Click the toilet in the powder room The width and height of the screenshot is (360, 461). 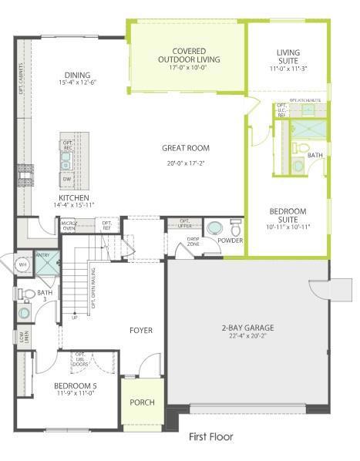[235, 229]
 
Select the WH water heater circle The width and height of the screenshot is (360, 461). [22, 264]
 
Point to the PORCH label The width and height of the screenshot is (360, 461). [142, 402]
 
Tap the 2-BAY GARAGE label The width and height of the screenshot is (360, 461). [247, 328]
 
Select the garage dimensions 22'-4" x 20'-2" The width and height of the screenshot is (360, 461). [247, 336]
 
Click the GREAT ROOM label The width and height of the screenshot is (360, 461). [185, 148]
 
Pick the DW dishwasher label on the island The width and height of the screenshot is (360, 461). [66, 179]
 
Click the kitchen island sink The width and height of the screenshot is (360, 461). [66, 160]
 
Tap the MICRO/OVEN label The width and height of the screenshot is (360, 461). [69, 225]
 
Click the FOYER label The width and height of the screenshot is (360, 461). [141, 331]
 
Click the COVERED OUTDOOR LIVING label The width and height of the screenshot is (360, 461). [188, 55]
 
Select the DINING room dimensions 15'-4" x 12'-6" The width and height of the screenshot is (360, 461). [77, 82]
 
